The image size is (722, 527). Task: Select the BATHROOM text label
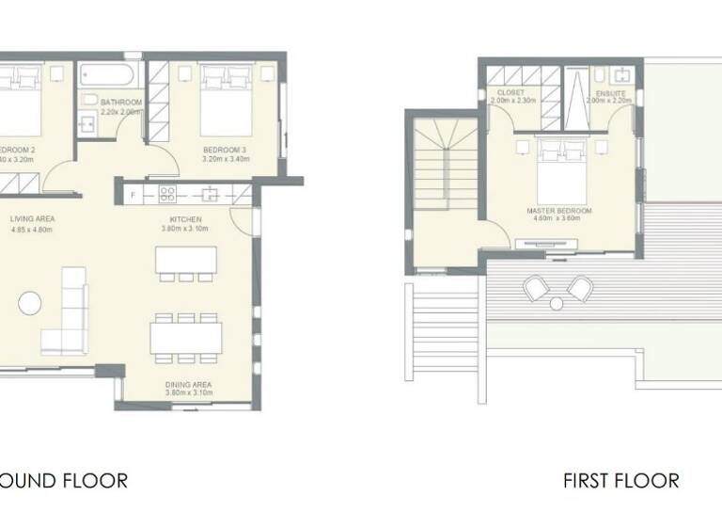pos(120,102)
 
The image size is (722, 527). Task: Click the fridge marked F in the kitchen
pos(134,195)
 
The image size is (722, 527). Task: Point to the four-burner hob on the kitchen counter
pos(169,195)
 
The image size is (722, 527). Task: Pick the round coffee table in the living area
pos(30,303)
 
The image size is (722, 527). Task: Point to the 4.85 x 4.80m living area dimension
pos(33,229)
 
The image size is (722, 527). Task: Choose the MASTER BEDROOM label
pos(559,211)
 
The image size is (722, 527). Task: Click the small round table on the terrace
pos(557,303)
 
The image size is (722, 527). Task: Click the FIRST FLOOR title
pos(620,481)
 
